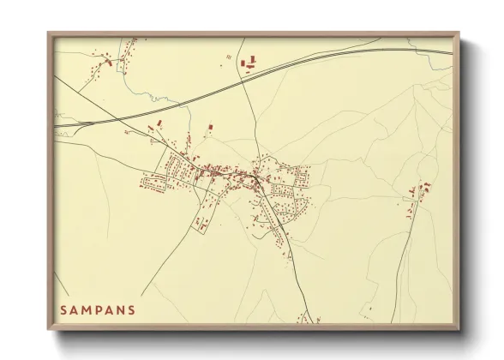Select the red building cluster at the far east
point(420,189)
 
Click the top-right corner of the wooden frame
point(458,33)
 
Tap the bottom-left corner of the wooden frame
point(49,329)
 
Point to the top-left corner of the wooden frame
point(49,33)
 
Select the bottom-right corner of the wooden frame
point(458,329)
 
